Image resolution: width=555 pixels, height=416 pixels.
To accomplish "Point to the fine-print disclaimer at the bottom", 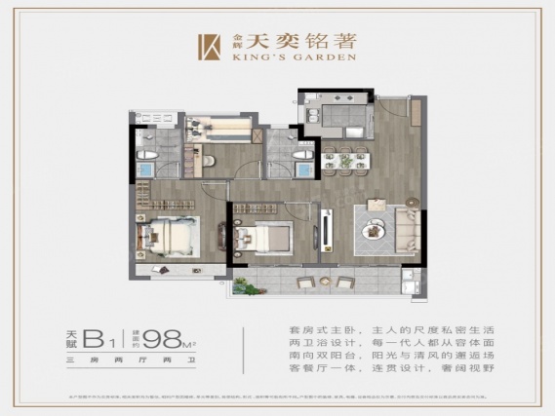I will pyautogui.click(x=277, y=397).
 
